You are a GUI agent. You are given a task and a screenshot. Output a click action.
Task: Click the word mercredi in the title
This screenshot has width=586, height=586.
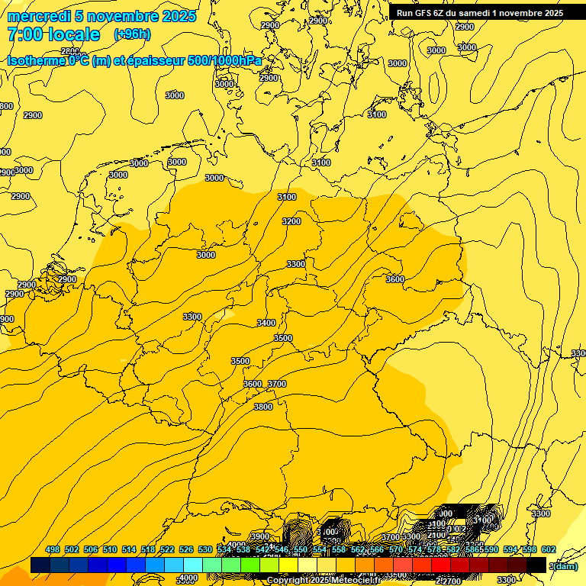pyautogui.click(x=39, y=16)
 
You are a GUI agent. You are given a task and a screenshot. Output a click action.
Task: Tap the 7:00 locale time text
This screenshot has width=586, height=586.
pyautogui.click(x=53, y=34)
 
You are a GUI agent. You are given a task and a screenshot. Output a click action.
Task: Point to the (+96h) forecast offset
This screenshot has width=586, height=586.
pyautogui.click(x=132, y=34)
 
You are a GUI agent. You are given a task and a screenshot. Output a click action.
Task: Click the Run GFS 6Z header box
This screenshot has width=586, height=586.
pyautogui.click(x=479, y=12)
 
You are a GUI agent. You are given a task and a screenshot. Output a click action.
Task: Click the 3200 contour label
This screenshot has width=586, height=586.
pyautogui.click(x=291, y=221)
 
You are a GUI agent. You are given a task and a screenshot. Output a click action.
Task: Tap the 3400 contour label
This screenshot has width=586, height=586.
pyautogui.click(x=266, y=323)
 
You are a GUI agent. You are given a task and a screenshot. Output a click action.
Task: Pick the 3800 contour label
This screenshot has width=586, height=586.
pyautogui.click(x=262, y=407)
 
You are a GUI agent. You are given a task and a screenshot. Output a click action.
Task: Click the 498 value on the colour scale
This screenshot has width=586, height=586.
pyautogui.click(x=53, y=550)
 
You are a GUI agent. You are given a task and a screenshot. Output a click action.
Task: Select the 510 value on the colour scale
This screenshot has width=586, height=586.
pyautogui.click(x=109, y=550)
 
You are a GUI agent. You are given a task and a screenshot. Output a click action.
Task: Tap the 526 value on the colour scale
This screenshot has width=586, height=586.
pyautogui.click(x=185, y=550)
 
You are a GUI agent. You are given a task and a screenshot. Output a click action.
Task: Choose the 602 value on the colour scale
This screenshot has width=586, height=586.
pyautogui.click(x=548, y=550)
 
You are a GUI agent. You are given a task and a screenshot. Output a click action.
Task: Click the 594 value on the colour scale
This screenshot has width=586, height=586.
pyautogui.click(x=510, y=550)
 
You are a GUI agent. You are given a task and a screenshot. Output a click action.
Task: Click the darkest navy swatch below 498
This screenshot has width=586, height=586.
pyautogui.click(x=40, y=565)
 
